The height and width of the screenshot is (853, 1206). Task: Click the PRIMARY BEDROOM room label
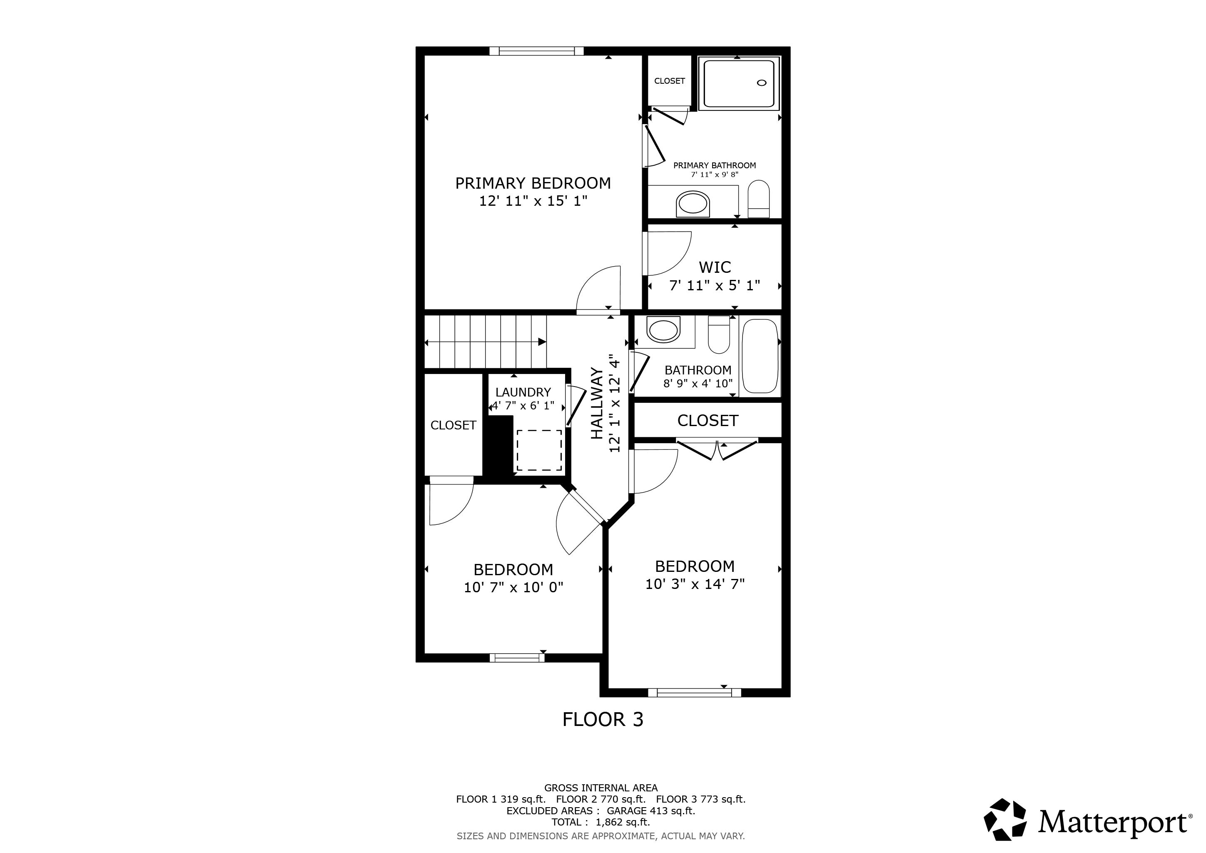pyautogui.click(x=533, y=183)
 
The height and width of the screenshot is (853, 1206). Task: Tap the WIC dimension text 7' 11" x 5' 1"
pyautogui.click(x=714, y=285)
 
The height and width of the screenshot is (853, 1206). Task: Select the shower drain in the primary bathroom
pyautogui.click(x=762, y=82)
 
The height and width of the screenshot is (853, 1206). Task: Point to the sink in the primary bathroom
pyautogui.click(x=692, y=203)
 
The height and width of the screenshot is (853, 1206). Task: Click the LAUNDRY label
pyautogui.click(x=523, y=392)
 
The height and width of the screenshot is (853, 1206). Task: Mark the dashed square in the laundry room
pyautogui.click(x=539, y=450)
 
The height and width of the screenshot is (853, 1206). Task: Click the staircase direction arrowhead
pyautogui.click(x=541, y=342)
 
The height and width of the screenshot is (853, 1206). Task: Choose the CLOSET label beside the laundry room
pyautogui.click(x=453, y=425)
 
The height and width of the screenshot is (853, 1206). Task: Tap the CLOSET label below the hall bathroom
pyautogui.click(x=708, y=420)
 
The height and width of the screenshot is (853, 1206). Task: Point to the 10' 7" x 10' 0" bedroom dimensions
pyautogui.click(x=513, y=587)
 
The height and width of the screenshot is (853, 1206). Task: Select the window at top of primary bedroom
pyautogui.click(x=536, y=51)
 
